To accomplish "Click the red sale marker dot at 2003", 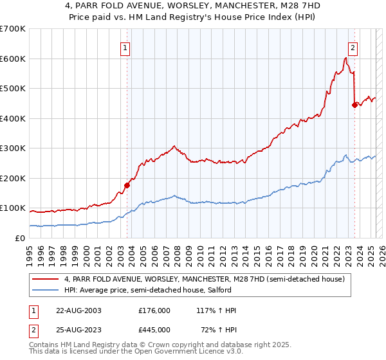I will (x=127, y=185).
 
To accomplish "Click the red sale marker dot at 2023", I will (x=354, y=105).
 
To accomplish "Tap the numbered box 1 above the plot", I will (x=126, y=47).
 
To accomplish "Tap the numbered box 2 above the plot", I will (x=353, y=47).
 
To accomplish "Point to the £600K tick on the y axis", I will (x=14, y=59).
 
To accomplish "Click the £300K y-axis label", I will (x=14, y=148).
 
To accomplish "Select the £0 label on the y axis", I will (x=19, y=238).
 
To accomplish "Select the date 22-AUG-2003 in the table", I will (x=78, y=310).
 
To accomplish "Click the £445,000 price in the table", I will (x=154, y=329).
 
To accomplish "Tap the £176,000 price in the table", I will (x=154, y=310).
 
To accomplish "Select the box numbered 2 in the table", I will (x=33, y=329).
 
